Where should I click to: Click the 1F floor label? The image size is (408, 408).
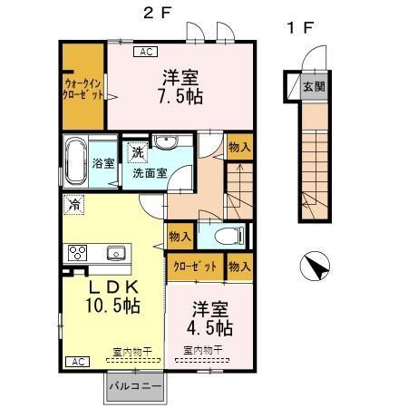click(x=299, y=28)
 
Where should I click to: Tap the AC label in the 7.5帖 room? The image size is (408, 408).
click(x=146, y=53)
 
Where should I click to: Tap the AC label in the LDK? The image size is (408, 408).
click(x=77, y=361)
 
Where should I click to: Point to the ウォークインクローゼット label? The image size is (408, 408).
click(x=83, y=87)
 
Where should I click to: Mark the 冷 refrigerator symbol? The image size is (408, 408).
click(x=74, y=204)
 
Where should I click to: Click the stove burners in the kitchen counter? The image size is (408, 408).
click(x=74, y=252)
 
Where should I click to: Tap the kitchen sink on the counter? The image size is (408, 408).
click(x=115, y=252)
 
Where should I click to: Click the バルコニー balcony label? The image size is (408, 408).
click(x=134, y=386)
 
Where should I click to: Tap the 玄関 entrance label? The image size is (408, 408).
click(x=313, y=87)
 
